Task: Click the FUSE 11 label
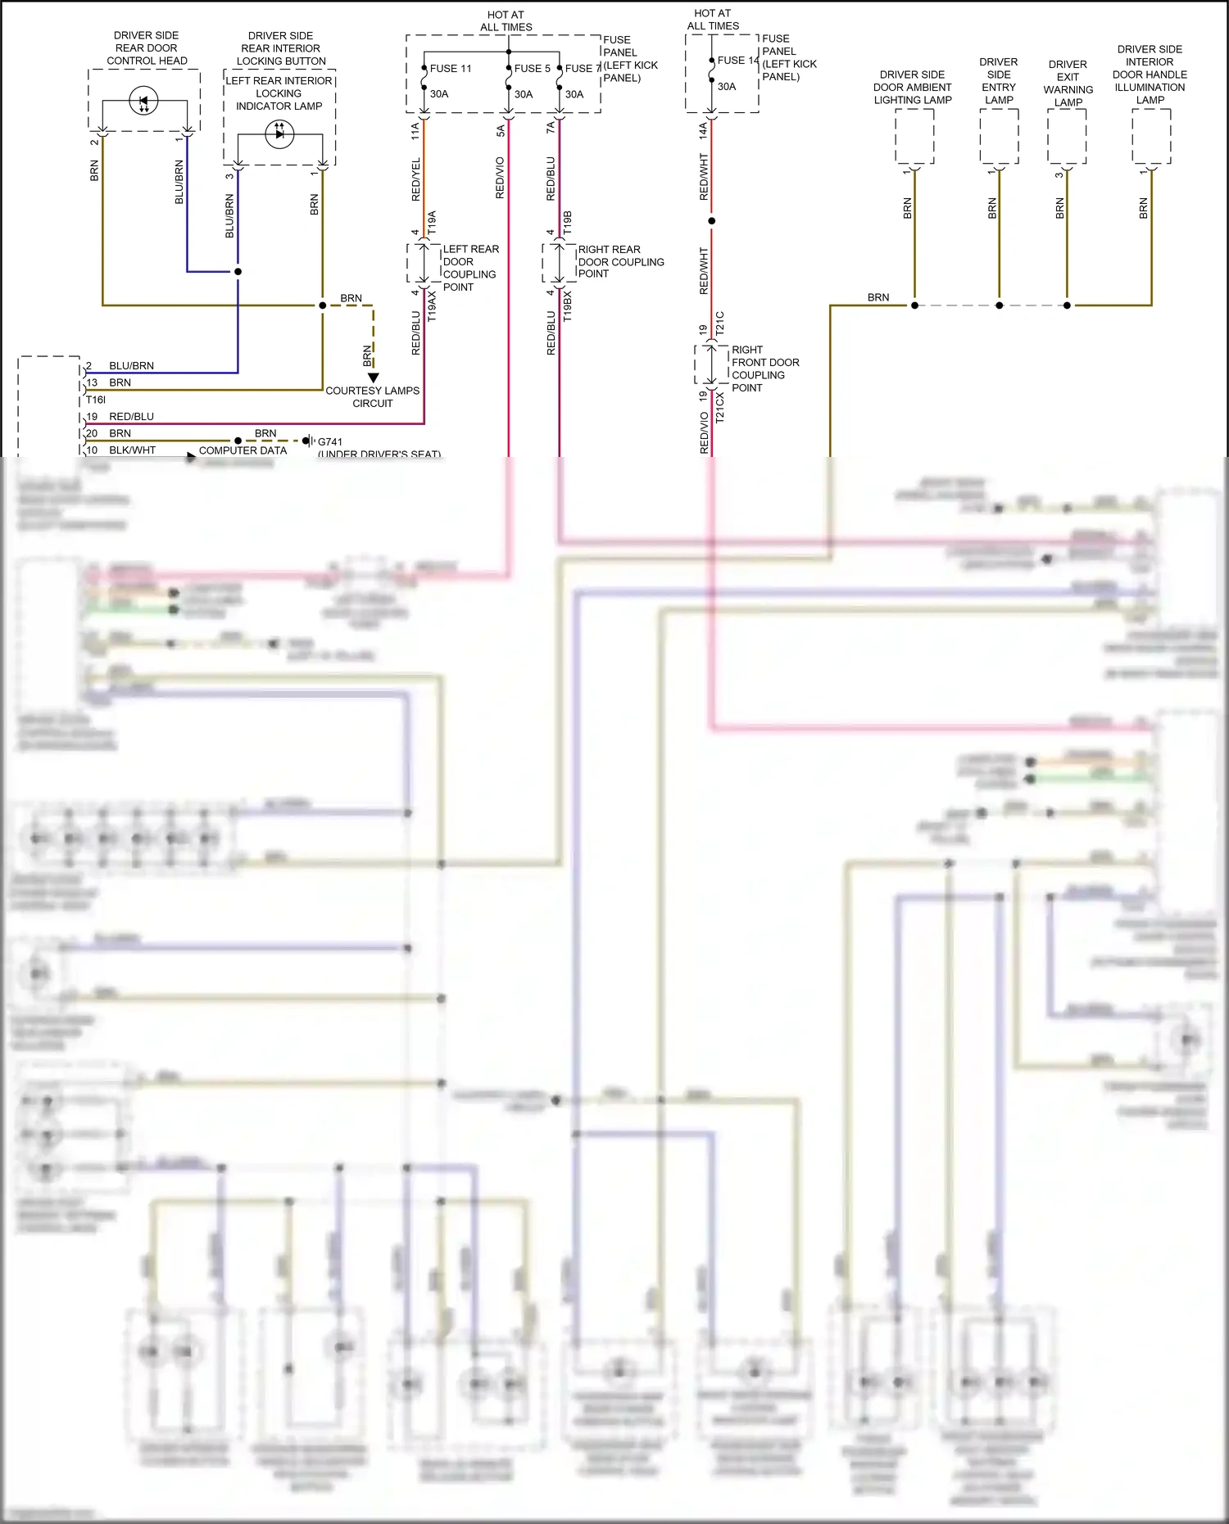[451, 69]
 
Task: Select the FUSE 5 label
[532, 69]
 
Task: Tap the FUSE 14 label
[737, 61]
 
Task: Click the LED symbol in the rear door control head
[143, 102]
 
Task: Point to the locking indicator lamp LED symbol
[279, 134]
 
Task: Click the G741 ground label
[330, 441]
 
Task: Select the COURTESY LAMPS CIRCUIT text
[372, 397]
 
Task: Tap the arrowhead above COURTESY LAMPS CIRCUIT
[374, 378]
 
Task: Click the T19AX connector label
[433, 305]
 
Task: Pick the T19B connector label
[568, 223]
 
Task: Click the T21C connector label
[720, 323]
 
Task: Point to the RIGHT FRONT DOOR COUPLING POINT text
[764, 369]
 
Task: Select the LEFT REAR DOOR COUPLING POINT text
[470, 268]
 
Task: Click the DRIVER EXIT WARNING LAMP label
[1068, 84]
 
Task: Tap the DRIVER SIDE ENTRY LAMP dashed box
[999, 136]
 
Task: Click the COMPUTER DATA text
[243, 450]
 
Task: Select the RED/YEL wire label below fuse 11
[415, 180]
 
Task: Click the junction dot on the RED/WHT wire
[711, 221]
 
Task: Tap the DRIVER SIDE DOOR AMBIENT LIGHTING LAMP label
[912, 88]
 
